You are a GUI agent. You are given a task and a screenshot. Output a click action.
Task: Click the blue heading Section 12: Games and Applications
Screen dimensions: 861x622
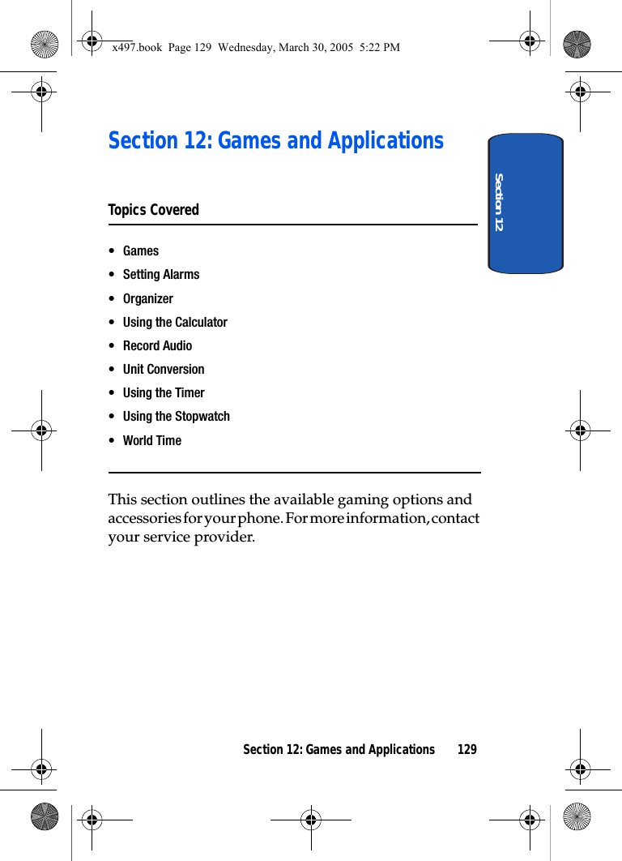tap(275, 141)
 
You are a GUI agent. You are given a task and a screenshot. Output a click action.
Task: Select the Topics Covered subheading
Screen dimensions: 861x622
tap(153, 210)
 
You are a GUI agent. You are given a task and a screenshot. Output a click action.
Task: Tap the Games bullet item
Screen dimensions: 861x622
tap(140, 251)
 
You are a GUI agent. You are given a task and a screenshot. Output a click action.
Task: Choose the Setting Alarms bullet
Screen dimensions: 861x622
tap(160, 275)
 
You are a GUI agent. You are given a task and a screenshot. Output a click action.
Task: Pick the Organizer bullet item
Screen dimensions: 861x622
tap(147, 298)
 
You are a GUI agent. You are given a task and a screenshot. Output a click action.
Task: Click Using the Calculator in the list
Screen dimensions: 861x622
tap(175, 322)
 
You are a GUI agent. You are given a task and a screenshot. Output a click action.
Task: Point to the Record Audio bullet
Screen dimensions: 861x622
tap(157, 345)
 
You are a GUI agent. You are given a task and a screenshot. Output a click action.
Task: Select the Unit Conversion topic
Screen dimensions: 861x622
tap(163, 369)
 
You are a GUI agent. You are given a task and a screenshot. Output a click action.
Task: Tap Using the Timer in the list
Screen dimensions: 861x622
tap(163, 392)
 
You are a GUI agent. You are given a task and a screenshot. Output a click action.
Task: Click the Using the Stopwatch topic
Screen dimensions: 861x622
tap(176, 417)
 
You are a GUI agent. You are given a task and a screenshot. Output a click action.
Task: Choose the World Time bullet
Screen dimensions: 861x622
tap(151, 440)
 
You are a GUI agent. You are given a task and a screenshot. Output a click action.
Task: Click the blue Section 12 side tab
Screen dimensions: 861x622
tap(525, 203)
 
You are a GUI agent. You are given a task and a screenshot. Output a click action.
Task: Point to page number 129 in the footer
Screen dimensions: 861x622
tap(466, 750)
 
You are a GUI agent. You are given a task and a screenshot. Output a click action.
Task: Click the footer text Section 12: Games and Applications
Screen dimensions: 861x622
tap(339, 750)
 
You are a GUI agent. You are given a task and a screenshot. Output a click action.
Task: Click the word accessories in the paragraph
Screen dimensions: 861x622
tap(141, 518)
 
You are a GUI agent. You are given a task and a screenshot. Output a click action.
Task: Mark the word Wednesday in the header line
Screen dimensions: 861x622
tap(246, 48)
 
